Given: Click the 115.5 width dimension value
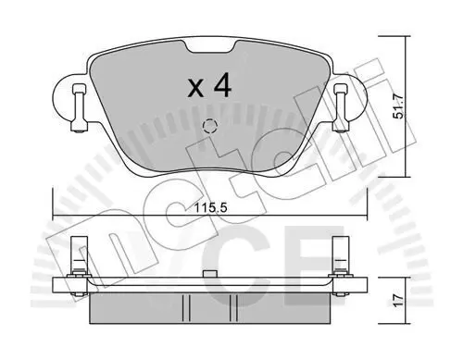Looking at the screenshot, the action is click(210, 207).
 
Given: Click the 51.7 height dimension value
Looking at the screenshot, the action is click(398, 106).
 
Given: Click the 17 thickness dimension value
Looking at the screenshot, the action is click(398, 300).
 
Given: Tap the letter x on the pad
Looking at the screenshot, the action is click(196, 89).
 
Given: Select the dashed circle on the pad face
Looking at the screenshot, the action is click(210, 126).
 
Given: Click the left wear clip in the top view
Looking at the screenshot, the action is click(79, 108).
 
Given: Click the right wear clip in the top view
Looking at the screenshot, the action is click(341, 108).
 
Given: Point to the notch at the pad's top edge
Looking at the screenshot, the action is click(210, 46).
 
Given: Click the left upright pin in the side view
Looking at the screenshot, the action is click(79, 256).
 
